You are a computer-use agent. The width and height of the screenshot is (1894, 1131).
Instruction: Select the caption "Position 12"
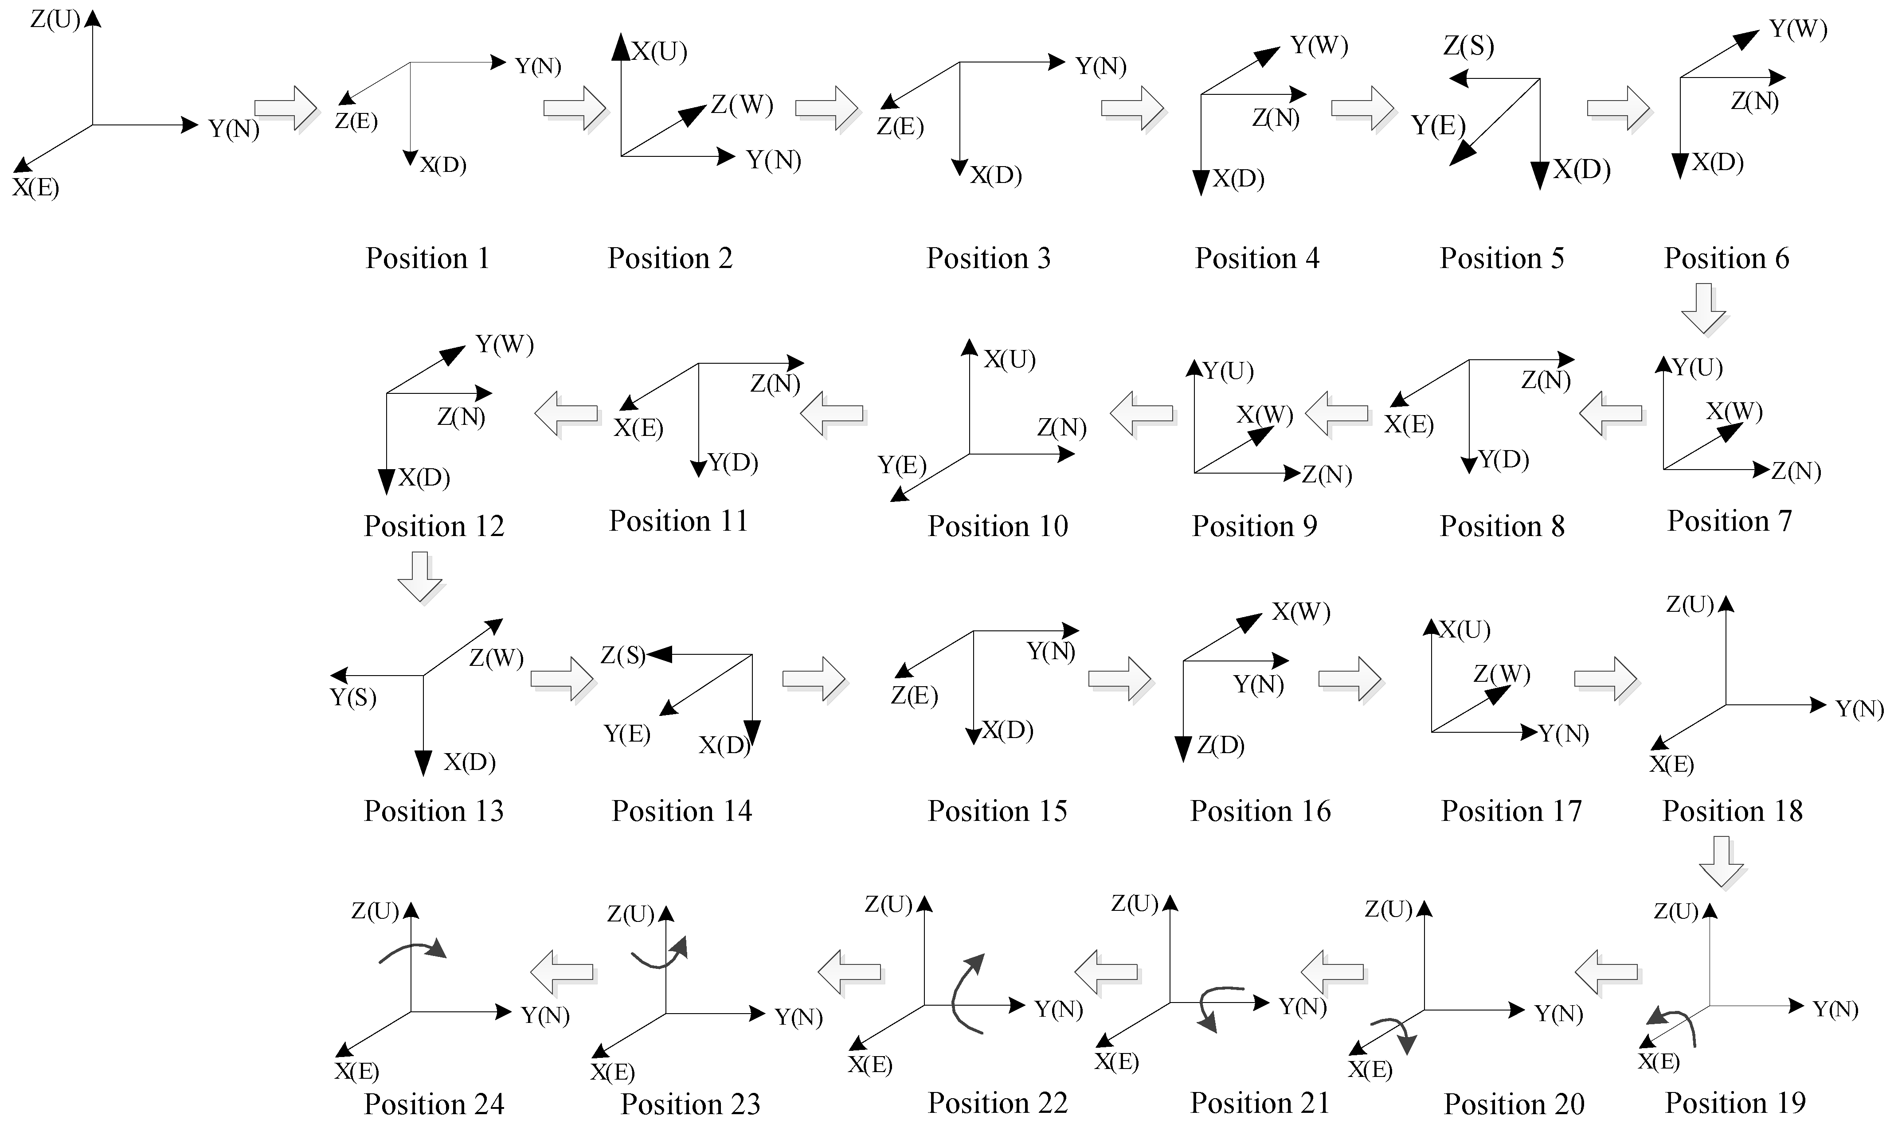[x=434, y=526]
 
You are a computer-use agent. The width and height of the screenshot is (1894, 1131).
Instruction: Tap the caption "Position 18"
[x=1732, y=811]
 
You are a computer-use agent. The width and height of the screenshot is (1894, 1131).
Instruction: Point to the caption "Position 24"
[x=434, y=1104]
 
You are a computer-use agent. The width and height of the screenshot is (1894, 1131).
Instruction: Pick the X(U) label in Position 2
[x=660, y=52]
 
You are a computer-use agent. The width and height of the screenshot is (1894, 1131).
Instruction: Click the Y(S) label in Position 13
[x=353, y=697]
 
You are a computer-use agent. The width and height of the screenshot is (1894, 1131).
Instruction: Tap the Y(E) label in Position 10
[x=902, y=464]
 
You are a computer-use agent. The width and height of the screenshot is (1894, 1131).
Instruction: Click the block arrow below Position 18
[x=1722, y=861]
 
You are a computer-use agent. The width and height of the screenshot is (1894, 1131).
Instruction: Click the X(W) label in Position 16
[x=1301, y=612]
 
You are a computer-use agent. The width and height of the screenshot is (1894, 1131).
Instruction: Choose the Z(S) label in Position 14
[x=623, y=655]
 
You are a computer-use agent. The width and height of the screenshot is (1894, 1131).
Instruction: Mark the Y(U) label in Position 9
[x=1229, y=371]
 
